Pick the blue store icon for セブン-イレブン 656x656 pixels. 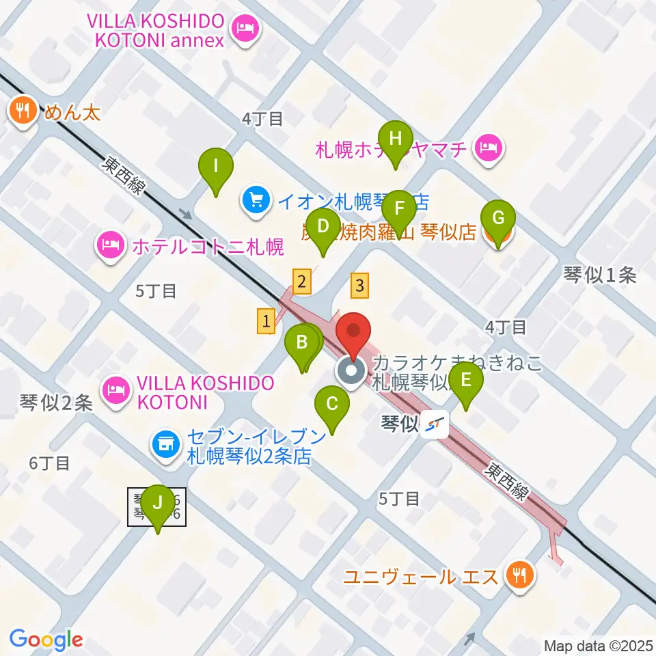165,445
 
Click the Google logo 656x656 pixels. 46,640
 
